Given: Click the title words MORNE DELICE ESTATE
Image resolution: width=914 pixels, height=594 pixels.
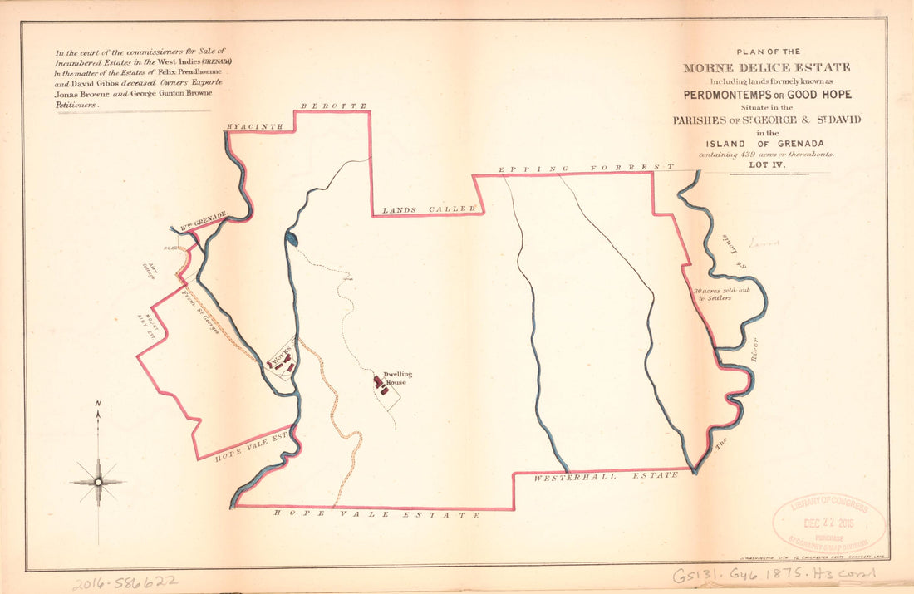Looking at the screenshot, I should pyautogui.click(x=766, y=67).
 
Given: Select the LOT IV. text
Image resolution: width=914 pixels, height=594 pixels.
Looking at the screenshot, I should pyautogui.click(x=766, y=165).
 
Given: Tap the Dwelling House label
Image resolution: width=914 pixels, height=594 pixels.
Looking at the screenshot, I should pyautogui.click(x=397, y=378).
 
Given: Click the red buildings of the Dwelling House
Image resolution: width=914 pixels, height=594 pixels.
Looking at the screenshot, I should pyautogui.click(x=380, y=385).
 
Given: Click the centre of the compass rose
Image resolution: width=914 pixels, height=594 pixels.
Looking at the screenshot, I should pyautogui.click(x=98, y=481).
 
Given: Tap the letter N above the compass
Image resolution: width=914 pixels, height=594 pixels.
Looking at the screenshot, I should pyautogui.click(x=98, y=405).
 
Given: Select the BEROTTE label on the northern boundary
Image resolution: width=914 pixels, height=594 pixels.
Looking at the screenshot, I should pyautogui.click(x=333, y=106).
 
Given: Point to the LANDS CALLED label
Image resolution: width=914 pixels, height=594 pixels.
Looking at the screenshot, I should pyautogui.click(x=427, y=209).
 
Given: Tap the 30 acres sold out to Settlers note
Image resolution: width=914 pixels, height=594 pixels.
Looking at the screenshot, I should pyautogui.click(x=713, y=294).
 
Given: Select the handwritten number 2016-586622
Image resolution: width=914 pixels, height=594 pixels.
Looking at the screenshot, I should pyautogui.click(x=124, y=582).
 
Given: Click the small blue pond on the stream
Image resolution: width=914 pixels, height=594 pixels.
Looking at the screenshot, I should pyautogui.click(x=291, y=239).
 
